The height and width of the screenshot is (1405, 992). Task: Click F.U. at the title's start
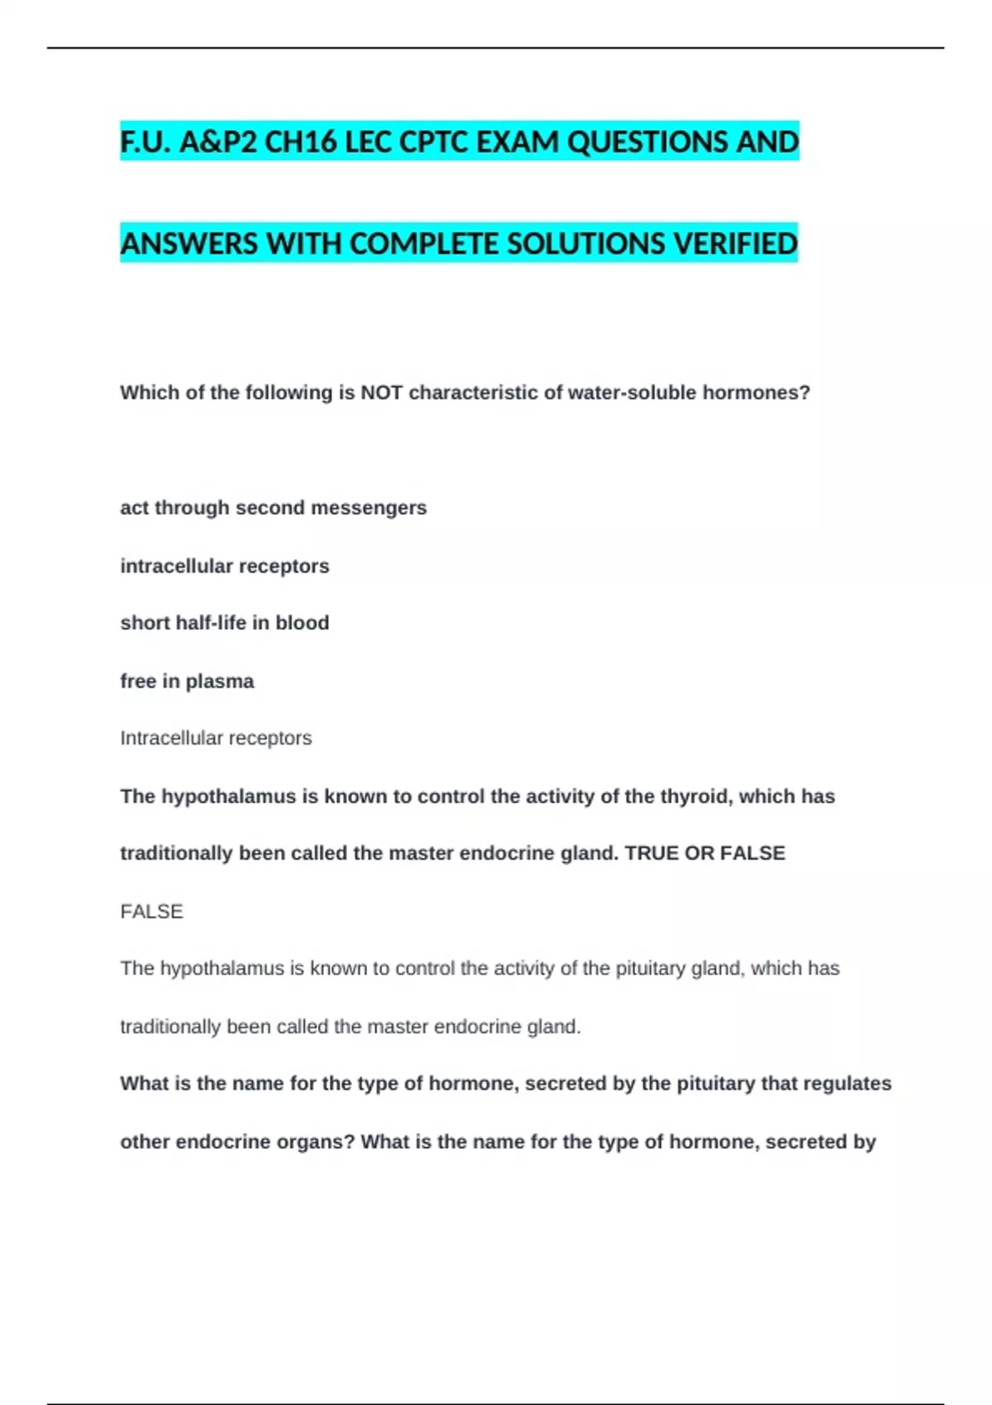146,142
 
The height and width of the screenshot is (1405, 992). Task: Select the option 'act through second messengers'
274,507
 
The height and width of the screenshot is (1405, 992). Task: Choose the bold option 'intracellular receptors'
225,566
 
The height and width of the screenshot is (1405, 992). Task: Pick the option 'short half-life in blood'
225,622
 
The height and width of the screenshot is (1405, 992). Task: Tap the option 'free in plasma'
187,681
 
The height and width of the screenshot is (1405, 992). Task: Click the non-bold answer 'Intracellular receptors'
216,738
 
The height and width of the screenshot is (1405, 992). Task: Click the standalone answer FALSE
151,912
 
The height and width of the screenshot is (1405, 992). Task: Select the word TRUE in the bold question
651,853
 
